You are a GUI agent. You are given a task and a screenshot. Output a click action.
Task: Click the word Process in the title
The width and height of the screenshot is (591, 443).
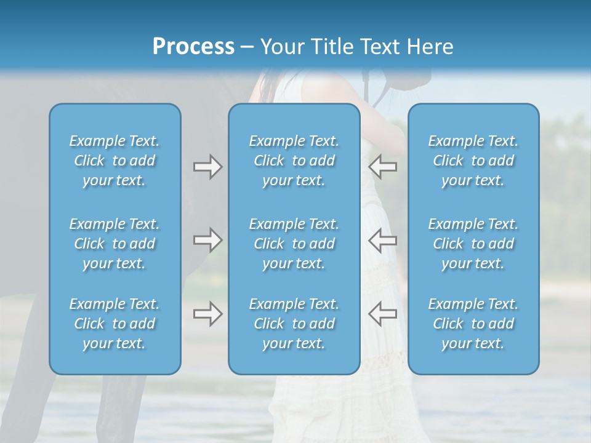pyautogui.click(x=193, y=47)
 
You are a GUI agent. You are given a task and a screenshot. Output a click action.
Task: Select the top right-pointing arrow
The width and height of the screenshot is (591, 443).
pyautogui.click(x=207, y=167)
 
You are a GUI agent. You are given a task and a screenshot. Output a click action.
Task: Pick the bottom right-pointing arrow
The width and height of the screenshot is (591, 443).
pyautogui.click(x=207, y=314)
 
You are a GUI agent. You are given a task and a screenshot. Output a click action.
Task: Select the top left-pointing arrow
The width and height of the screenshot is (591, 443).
pyautogui.click(x=382, y=167)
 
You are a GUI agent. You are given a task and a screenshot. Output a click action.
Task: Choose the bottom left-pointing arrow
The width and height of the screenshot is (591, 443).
pyautogui.click(x=382, y=314)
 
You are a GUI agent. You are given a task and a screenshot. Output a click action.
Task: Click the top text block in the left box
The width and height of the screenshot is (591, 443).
pyautogui.click(x=115, y=161)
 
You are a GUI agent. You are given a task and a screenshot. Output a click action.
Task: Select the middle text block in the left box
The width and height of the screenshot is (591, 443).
pyautogui.click(x=115, y=244)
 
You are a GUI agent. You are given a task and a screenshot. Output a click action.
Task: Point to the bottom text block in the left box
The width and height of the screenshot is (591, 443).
pyautogui.click(x=115, y=324)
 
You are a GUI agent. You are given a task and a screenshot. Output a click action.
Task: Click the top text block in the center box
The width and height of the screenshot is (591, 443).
pyautogui.click(x=294, y=161)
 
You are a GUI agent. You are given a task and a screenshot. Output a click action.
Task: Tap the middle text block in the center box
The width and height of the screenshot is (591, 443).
pyautogui.click(x=294, y=244)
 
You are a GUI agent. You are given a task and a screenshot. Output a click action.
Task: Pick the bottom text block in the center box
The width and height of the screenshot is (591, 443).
pyautogui.click(x=294, y=324)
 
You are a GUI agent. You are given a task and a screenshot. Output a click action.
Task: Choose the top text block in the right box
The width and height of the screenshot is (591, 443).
pyautogui.click(x=473, y=161)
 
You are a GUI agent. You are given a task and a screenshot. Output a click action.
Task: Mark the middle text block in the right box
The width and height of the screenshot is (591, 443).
pyautogui.click(x=473, y=244)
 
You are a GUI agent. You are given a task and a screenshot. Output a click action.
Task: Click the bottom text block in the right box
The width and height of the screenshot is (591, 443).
pyautogui.click(x=473, y=324)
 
